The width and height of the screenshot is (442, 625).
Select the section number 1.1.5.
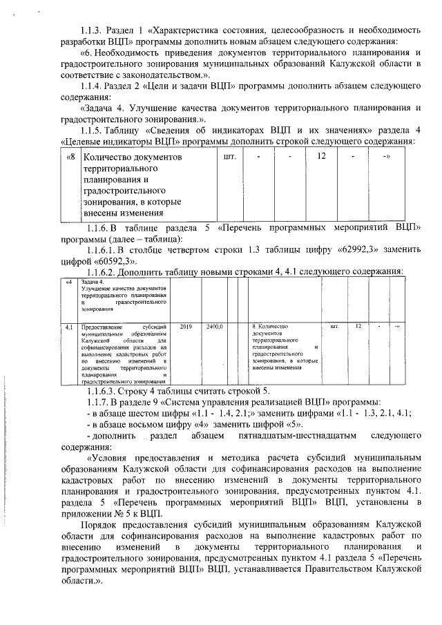93,131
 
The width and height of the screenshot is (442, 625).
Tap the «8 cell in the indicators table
70,157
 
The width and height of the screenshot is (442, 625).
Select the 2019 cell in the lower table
185,325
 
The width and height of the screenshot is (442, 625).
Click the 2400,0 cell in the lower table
213,325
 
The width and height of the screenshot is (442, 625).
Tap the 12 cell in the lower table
358,325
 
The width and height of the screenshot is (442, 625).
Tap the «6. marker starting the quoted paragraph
88,52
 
